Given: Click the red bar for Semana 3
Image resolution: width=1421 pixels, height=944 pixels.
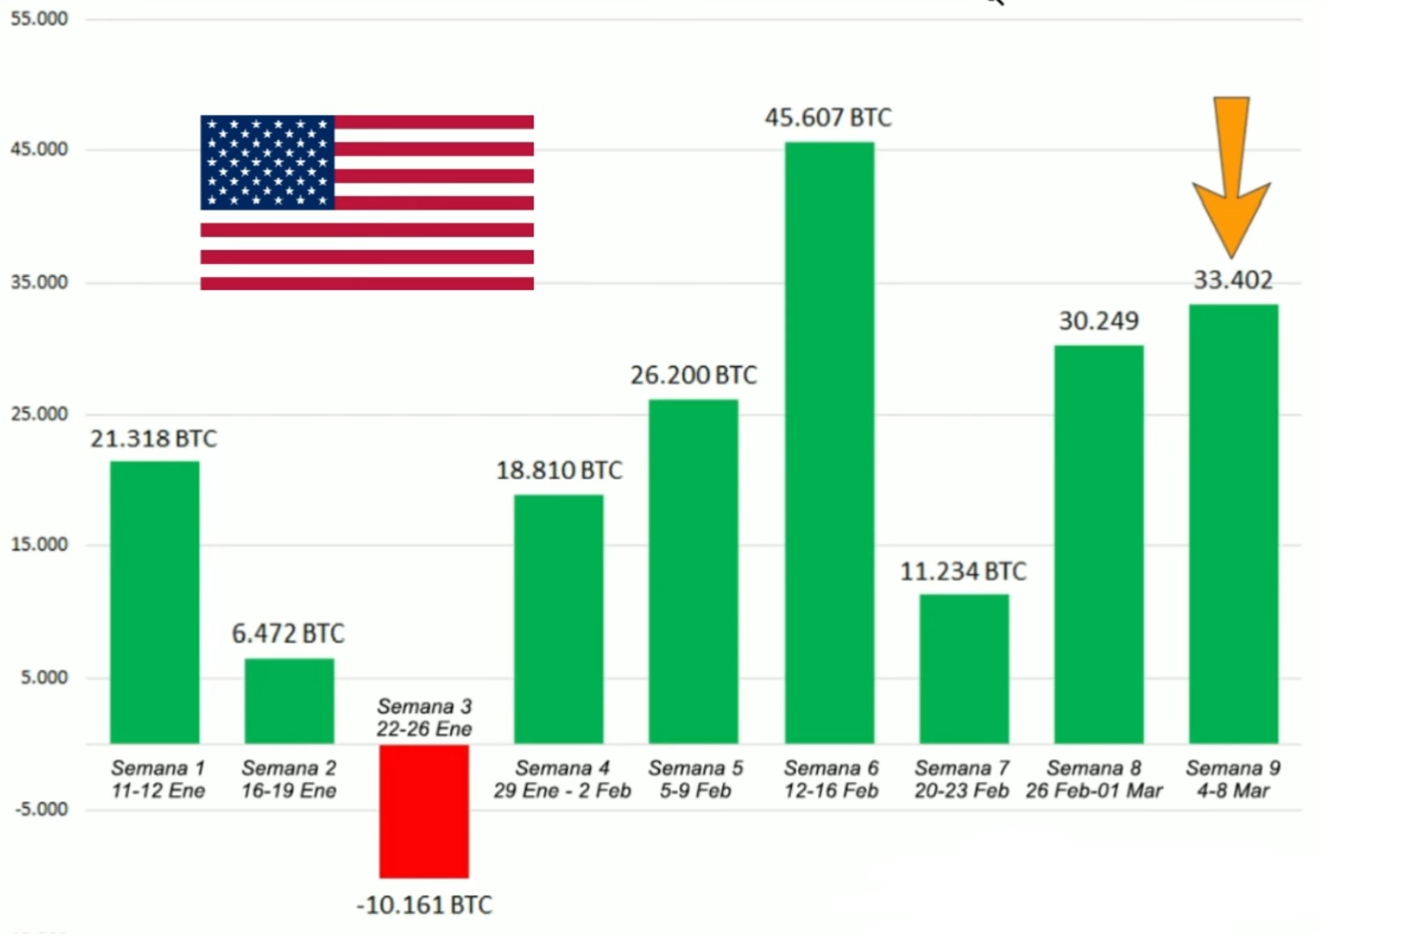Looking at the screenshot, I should (423, 810).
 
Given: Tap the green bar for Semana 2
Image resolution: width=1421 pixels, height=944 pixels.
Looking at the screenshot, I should (289, 700).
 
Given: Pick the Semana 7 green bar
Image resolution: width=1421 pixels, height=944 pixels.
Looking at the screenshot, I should (964, 669).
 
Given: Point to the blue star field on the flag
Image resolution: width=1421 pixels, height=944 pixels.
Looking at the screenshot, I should (268, 163).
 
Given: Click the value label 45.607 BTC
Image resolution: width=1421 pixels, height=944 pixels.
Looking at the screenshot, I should (827, 118).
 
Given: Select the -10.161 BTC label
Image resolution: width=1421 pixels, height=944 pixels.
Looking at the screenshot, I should (424, 905).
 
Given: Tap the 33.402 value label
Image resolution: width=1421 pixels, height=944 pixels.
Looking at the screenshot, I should (1233, 280).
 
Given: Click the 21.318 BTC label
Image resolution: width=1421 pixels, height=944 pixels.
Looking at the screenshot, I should (153, 439).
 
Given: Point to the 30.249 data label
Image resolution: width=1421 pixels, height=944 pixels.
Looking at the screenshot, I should (1098, 321).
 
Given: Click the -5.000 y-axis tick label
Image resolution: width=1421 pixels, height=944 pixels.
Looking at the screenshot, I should (41, 809).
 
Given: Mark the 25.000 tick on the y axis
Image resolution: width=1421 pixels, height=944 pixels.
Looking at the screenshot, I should (39, 414).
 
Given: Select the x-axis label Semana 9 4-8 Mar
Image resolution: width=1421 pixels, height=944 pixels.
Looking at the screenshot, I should (1232, 779).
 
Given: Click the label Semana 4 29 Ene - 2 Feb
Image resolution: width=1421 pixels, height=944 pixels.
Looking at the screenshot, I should (562, 779).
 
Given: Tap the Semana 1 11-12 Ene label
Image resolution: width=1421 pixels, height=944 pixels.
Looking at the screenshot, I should (158, 779).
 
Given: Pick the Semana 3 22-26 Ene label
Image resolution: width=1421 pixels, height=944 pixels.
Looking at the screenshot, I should (424, 717).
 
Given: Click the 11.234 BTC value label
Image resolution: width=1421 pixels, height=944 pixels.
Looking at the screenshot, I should (963, 572).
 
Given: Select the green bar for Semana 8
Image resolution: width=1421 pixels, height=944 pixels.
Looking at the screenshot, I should (1098, 544).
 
